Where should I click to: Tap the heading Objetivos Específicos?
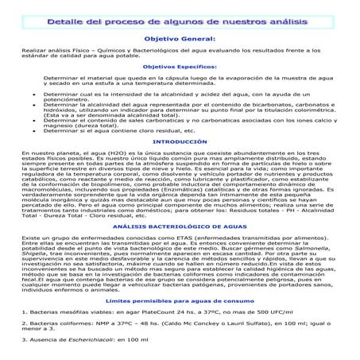(179, 67)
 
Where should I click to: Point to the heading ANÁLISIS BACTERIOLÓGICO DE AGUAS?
(179, 226)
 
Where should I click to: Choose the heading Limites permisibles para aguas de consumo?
(179, 301)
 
